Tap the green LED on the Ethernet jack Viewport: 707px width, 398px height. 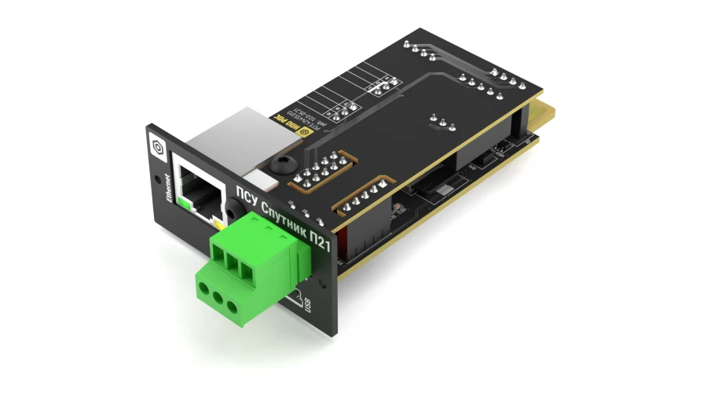(184, 204)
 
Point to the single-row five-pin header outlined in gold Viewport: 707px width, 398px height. (361, 197)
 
